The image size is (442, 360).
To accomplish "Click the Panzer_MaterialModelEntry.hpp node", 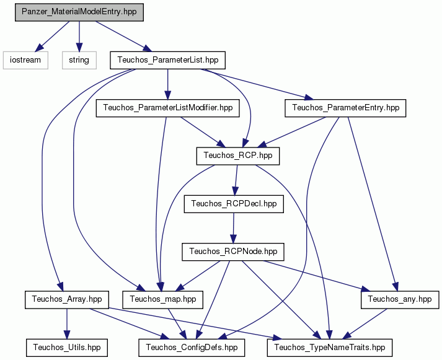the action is (79, 12).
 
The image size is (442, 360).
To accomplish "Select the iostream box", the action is (25, 60).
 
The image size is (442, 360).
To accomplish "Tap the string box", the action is (79, 60).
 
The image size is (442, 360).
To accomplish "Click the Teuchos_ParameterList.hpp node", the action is (168, 60).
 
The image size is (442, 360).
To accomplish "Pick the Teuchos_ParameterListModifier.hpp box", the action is (168, 108).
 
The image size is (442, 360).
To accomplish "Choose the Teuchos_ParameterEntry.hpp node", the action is (345, 108).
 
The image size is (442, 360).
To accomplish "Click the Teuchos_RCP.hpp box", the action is (238, 156).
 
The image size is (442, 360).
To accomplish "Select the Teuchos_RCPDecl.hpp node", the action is (234, 204).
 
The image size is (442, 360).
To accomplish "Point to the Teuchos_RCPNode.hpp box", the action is (233, 252).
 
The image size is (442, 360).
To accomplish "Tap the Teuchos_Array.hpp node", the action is (67, 299).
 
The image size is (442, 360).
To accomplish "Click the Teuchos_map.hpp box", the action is (162, 299).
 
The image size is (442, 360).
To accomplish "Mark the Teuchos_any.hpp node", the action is (400, 299).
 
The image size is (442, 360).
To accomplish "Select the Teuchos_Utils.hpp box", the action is (67, 348).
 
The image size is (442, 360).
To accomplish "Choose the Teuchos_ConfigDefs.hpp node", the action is (192, 348).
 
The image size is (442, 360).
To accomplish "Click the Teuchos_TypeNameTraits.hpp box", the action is (330, 348).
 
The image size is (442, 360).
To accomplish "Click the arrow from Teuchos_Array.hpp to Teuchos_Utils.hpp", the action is (67, 323).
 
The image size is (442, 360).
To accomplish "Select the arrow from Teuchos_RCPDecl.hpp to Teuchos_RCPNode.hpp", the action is (233, 228).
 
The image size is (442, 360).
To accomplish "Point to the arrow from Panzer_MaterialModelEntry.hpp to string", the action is (79, 37).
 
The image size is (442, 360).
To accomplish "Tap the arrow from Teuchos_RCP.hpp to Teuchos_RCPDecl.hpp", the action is (236, 180).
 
